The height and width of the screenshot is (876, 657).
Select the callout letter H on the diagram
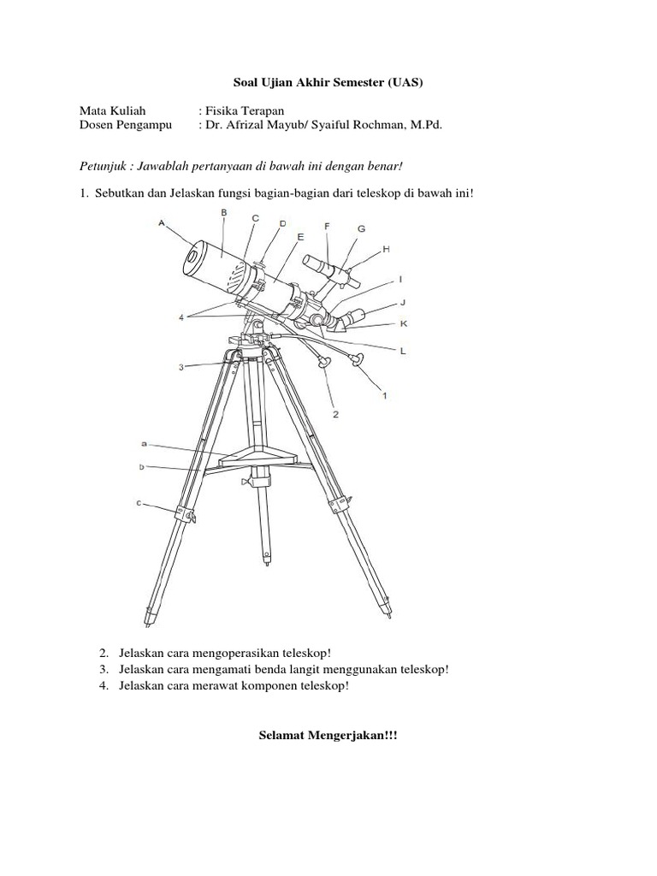386,248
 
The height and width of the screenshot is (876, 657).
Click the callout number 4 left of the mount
181,317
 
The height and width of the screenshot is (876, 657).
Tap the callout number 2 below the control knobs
336,414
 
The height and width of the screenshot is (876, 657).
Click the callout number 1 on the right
385,394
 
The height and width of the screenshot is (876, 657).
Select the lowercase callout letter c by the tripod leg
139,504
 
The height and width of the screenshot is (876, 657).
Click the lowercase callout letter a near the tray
145,444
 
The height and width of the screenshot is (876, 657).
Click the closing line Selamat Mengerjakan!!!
328,736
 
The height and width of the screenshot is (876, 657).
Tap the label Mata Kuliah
113,110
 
